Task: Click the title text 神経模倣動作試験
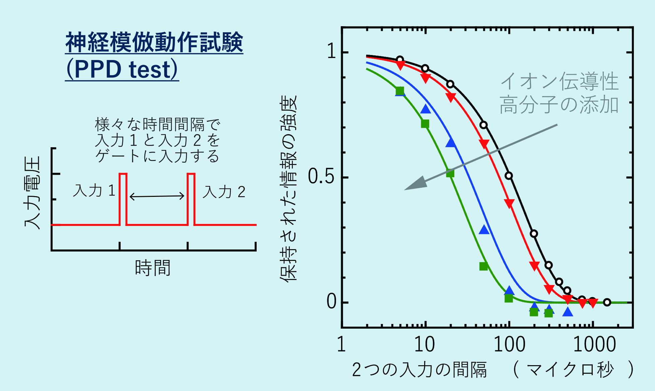point(154,43)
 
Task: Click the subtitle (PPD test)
point(122,69)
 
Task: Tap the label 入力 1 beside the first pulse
point(94,191)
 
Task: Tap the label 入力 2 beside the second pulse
point(224,192)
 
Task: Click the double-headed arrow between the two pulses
point(157,196)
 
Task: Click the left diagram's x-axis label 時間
point(153,268)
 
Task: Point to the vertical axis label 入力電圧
point(32,193)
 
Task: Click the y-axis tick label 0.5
point(321,176)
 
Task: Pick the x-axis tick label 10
point(424,344)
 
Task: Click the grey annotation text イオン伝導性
point(559,81)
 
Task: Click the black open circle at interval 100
point(509,176)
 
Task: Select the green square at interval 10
point(425,124)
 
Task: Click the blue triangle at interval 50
point(484,230)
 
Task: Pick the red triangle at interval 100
point(509,203)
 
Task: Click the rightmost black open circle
point(607,302)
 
